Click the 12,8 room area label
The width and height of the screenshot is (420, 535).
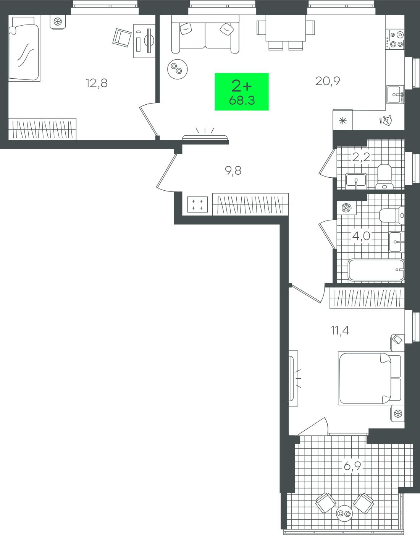click(x=96, y=83)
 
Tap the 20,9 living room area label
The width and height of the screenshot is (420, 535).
click(x=328, y=81)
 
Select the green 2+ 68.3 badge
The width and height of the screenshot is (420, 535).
click(x=241, y=92)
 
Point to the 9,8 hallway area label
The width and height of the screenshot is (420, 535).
click(x=233, y=170)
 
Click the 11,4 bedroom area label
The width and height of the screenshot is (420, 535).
click(x=340, y=330)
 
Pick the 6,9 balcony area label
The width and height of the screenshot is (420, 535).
click(x=352, y=465)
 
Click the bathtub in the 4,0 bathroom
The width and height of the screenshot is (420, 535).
click(x=376, y=270)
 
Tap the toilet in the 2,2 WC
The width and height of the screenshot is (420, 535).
click(x=384, y=177)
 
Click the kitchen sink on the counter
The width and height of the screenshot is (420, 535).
click(x=395, y=94)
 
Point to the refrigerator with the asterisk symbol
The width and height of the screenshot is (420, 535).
click(x=343, y=120)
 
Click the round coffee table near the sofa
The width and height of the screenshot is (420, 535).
click(x=177, y=69)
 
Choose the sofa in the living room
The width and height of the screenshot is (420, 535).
click(x=205, y=34)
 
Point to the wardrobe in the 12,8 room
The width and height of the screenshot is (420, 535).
click(x=42, y=129)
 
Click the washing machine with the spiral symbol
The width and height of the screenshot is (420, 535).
click(x=346, y=208)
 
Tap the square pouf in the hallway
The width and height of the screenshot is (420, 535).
click(x=197, y=204)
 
